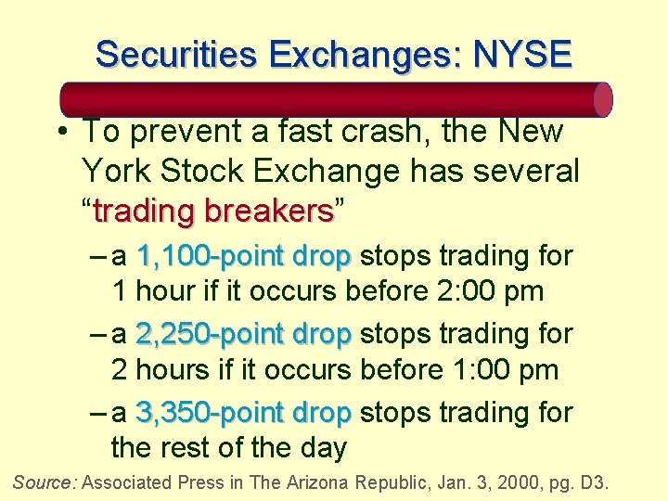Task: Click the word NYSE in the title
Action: click(522, 55)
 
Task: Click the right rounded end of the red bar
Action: click(602, 99)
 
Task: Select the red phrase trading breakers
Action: click(212, 212)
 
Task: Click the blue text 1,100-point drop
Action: click(243, 255)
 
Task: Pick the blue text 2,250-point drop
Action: click(243, 333)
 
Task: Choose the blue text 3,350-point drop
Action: click(243, 412)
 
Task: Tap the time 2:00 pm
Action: click(489, 291)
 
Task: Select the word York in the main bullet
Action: click(114, 172)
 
